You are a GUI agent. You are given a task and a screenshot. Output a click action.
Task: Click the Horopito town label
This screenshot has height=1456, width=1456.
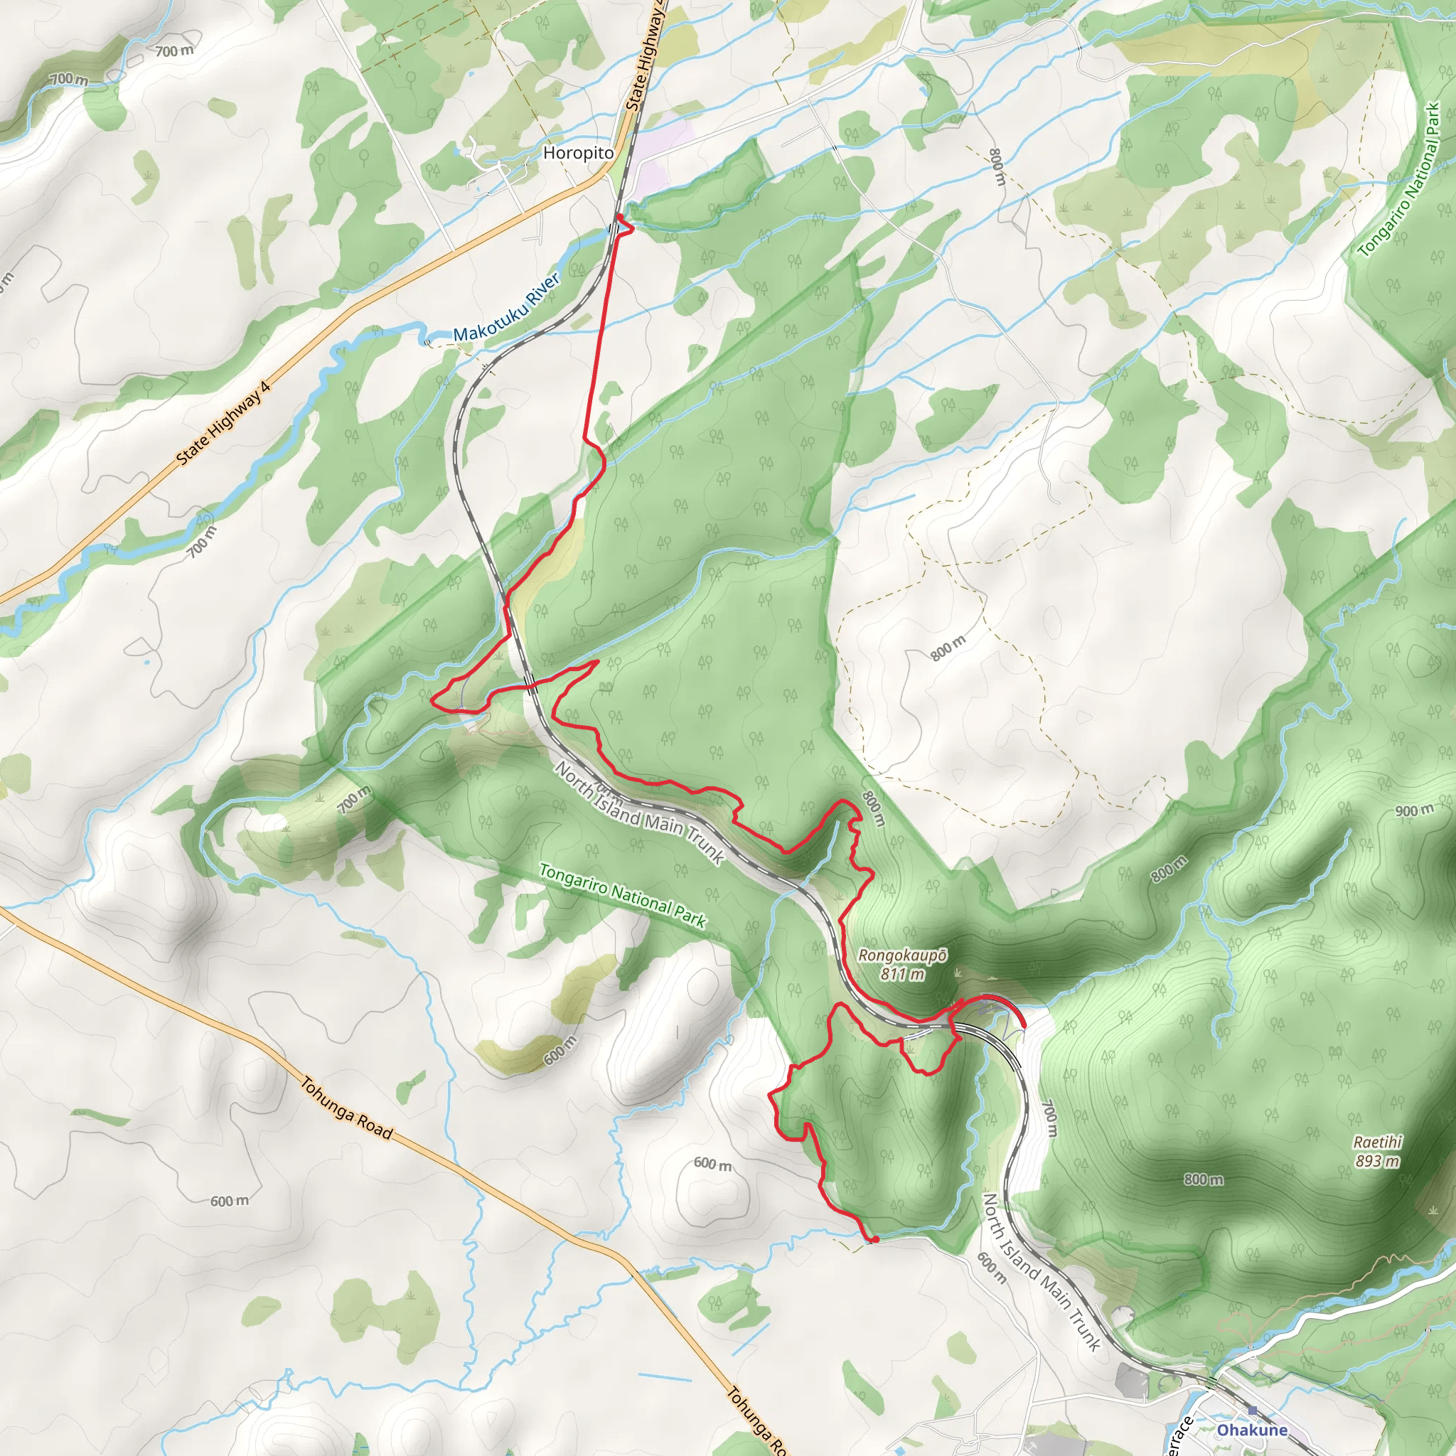pyautogui.click(x=578, y=153)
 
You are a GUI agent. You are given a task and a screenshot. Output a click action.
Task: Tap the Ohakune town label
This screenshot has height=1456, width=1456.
pyautogui.click(x=1252, y=1430)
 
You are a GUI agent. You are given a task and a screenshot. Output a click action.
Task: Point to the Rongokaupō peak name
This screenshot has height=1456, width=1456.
pyautogui.click(x=902, y=955)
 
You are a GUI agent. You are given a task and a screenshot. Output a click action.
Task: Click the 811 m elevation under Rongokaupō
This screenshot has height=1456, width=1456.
pyautogui.click(x=902, y=974)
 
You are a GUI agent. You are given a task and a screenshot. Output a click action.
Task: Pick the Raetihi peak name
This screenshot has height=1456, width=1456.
pyautogui.click(x=1378, y=1142)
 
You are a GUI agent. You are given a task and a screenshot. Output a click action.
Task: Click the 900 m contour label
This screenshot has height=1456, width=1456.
pyautogui.click(x=1415, y=811)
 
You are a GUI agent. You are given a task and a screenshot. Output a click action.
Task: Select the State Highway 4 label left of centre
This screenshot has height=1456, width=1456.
pyautogui.click(x=223, y=424)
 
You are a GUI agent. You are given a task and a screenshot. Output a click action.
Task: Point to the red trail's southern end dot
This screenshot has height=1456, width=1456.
pyautogui.click(x=875, y=1240)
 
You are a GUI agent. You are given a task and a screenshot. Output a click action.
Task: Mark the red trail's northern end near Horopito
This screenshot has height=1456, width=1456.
pyautogui.click(x=619, y=217)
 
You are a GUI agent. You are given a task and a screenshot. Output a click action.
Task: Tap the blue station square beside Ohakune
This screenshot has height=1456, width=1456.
pyautogui.click(x=1253, y=1410)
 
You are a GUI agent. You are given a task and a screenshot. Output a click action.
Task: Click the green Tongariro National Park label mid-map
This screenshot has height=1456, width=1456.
pyautogui.click(x=623, y=895)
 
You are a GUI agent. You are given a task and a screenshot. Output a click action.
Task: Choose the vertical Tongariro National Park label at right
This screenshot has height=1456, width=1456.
pyautogui.click(x=1401, y=181)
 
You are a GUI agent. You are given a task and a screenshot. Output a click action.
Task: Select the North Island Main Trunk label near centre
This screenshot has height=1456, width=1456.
pyautogui.click(x=639, y=813)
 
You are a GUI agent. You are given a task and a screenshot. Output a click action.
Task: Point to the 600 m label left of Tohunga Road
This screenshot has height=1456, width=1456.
pyautogui.click(x=229, y=1201)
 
